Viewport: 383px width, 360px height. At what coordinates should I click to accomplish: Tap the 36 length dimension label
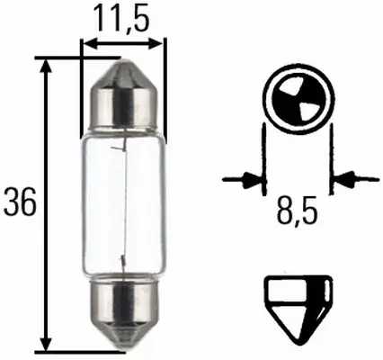(21, 203)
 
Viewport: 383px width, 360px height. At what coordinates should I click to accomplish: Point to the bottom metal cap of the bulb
(123, 319)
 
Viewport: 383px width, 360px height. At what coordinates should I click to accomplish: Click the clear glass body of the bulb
(123, 203)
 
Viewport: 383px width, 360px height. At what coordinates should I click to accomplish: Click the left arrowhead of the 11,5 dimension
(87, 40)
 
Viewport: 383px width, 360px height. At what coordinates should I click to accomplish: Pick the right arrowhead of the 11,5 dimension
(160, 40)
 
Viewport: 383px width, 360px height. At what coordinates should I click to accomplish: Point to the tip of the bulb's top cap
(123, 60)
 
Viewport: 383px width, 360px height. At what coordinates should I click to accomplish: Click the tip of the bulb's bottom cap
(123, 348)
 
